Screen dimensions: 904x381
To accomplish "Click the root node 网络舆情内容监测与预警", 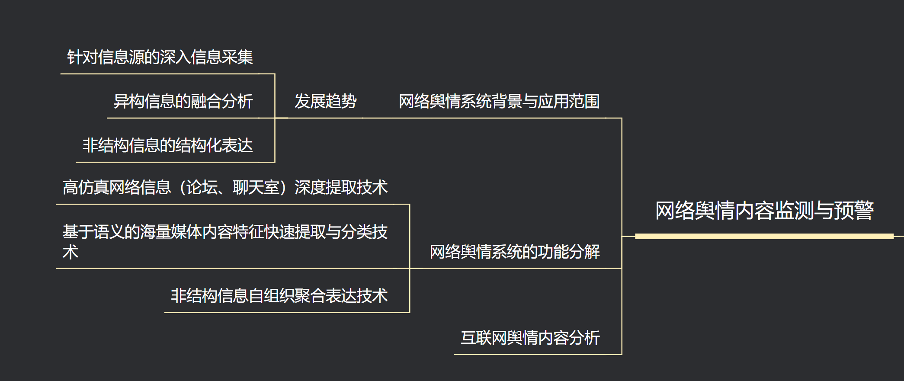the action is click(764, 211).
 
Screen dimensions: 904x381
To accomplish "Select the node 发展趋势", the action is click(325, 102).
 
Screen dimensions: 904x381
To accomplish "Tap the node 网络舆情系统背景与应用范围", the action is click(499, 102).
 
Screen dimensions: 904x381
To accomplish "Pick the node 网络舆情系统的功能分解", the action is click(515, 252).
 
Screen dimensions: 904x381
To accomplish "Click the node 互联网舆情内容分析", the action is click(530, 338).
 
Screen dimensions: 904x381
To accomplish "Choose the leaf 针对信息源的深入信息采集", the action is click(160, 57).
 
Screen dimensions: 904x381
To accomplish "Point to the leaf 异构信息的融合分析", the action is click(183, 102).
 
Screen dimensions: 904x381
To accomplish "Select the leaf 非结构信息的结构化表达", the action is click(167, 145).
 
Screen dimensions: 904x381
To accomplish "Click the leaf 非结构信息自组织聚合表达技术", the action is click(279, 296).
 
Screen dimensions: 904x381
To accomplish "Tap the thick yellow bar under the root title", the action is click(764, 236).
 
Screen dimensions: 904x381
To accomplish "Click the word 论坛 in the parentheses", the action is click(202, 188).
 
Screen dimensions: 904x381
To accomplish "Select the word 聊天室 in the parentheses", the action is click(256, 188).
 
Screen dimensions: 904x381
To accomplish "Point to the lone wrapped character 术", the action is click(71, 252).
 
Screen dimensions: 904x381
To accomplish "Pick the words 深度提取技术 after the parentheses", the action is click(341, 188).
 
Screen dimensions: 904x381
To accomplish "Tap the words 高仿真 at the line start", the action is click(86, 188).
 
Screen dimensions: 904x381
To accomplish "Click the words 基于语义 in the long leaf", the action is click(93, 232).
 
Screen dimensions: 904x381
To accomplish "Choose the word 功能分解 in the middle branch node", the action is click(569, 252).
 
